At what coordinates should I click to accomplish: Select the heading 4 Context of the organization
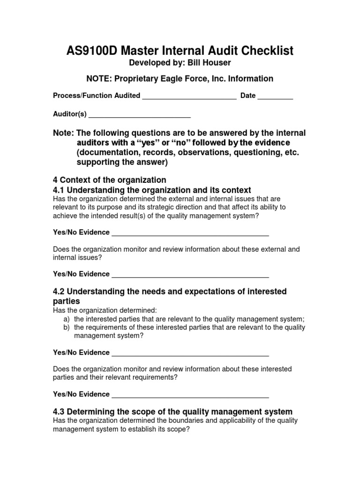coord(110,180)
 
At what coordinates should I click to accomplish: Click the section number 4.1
coord(60,190)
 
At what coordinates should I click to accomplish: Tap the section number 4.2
coord(60,292)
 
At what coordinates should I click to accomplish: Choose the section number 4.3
coord(60,412)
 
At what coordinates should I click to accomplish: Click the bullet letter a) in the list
coord(67,319)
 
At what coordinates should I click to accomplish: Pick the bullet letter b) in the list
coord(67,328)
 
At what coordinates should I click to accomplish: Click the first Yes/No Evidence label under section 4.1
coord(81,232)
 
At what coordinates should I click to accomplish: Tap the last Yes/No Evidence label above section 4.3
coord(81,394)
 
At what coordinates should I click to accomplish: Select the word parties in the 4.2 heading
coord(67,301)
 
